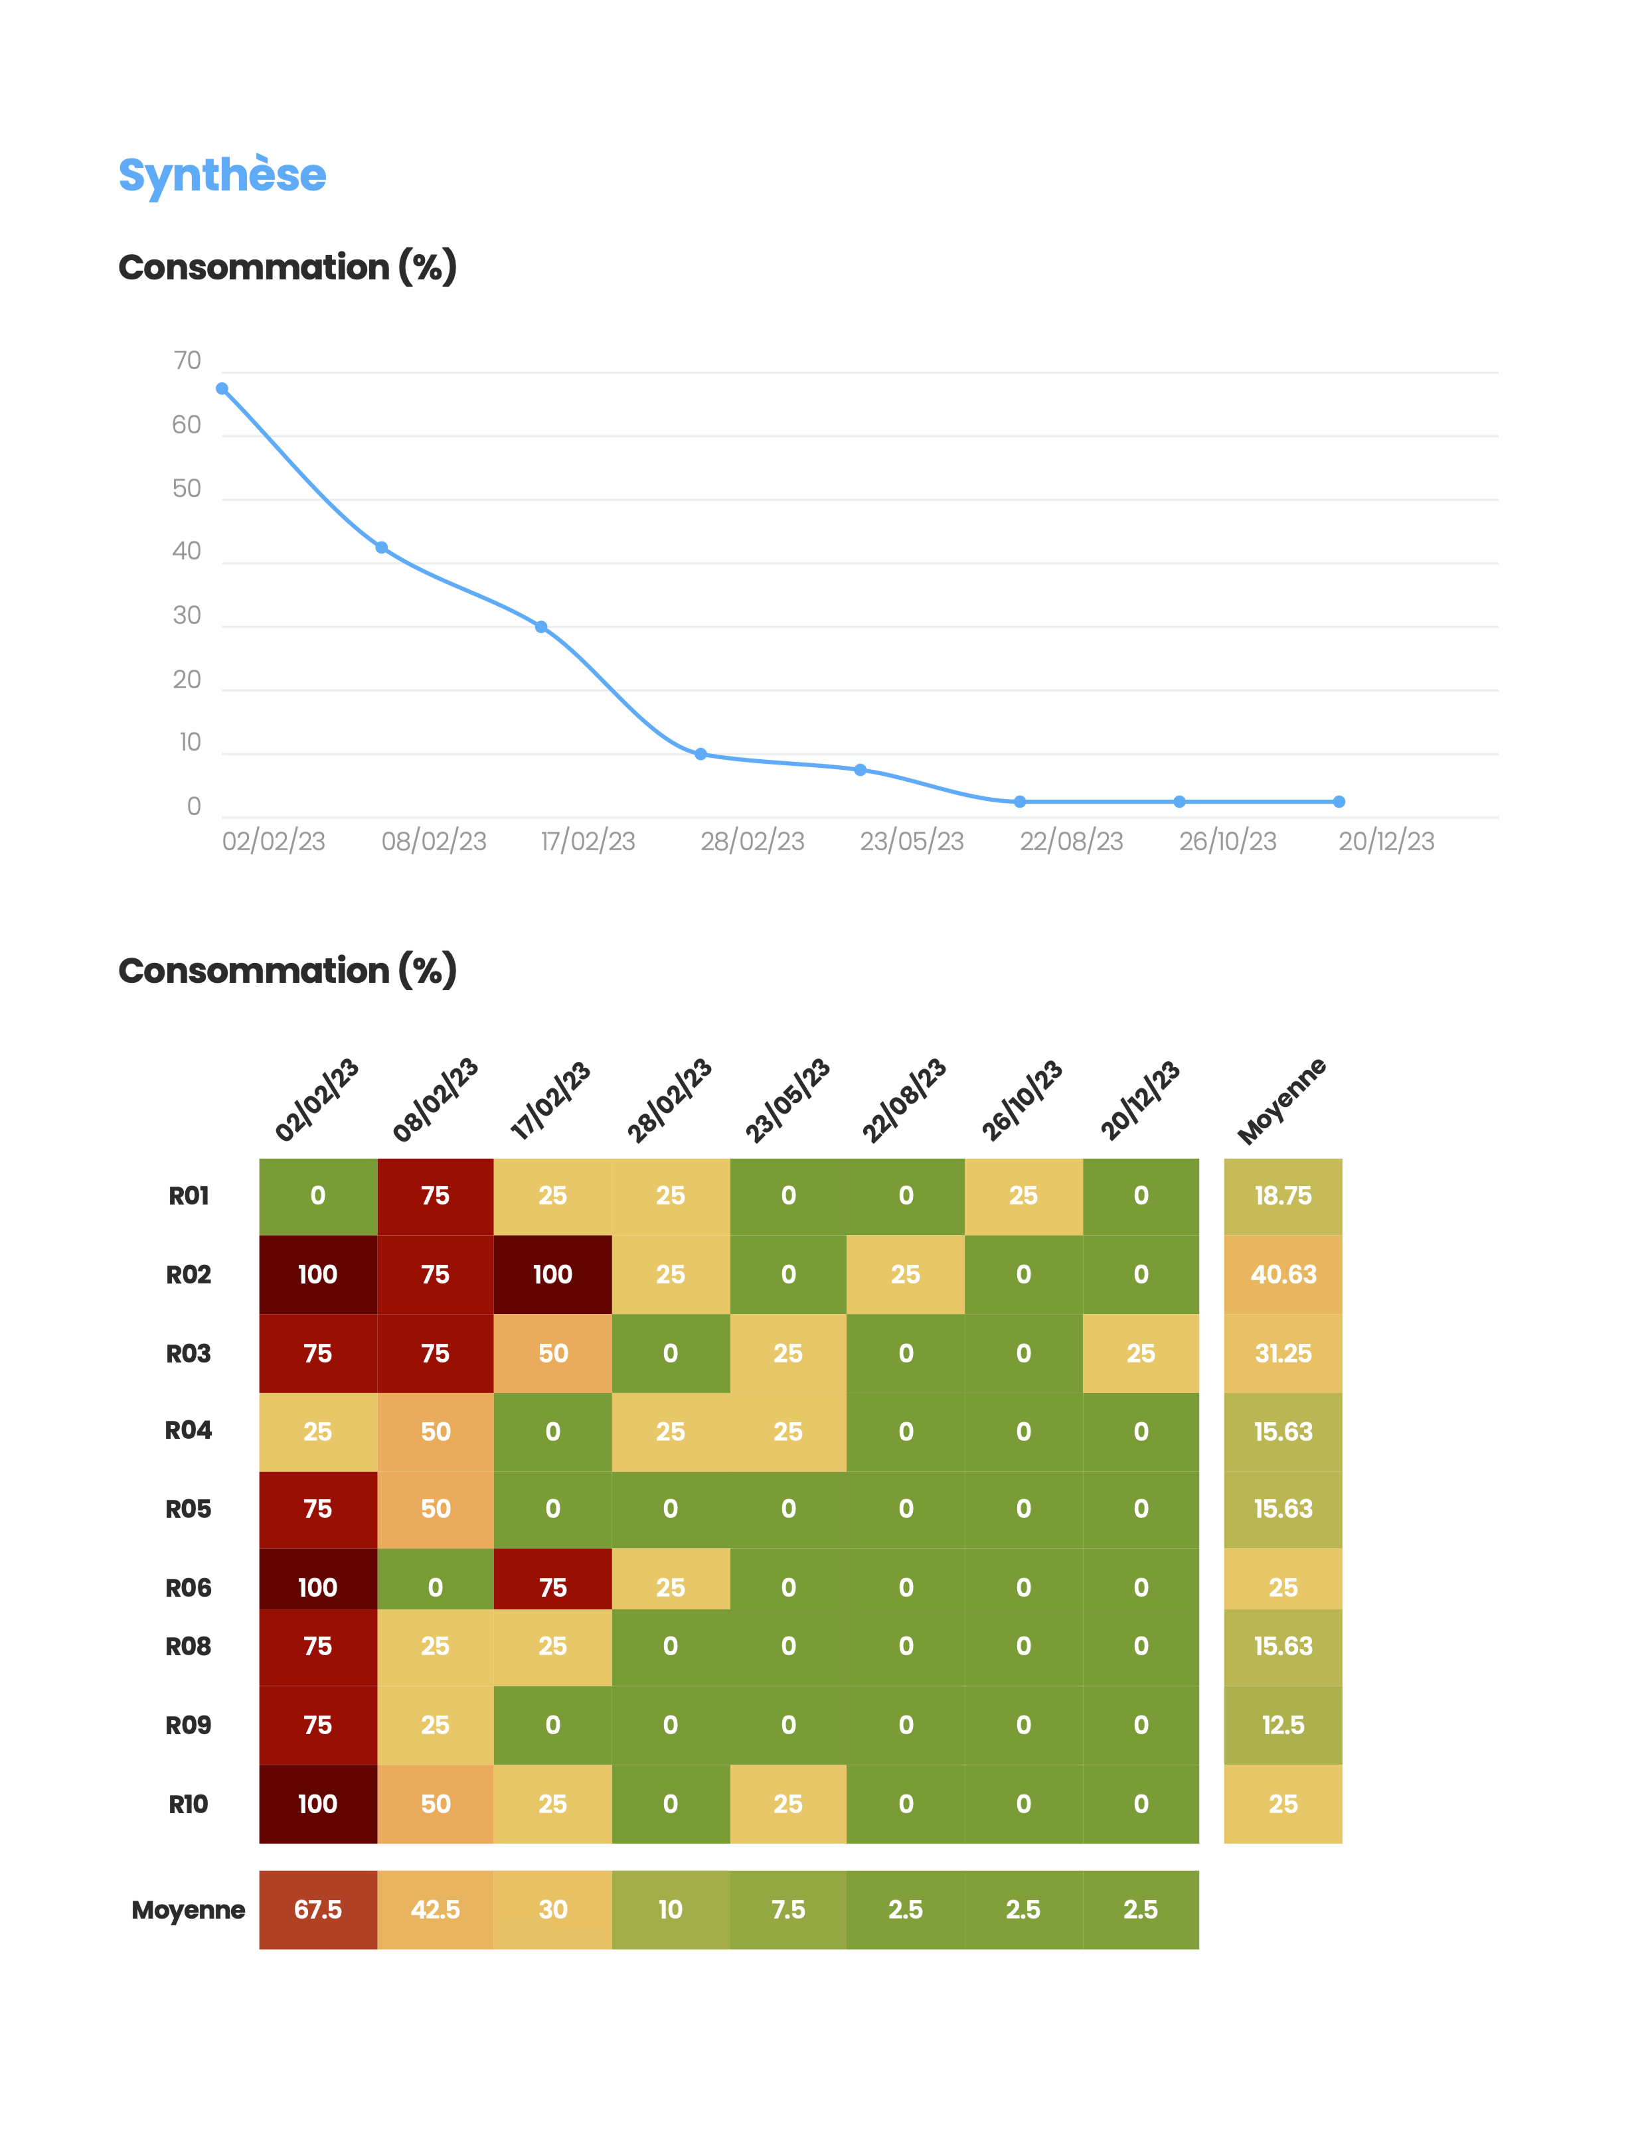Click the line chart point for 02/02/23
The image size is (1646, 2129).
tap(222, 389)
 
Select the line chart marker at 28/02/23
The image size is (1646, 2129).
tap(700, 753)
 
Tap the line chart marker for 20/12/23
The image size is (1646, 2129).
tap(1338, 801)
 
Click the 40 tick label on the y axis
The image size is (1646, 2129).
tap(187, 551)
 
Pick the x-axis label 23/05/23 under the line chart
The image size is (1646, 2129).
tap(911, 842)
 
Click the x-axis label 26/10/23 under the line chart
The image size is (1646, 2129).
tap(1227, 842)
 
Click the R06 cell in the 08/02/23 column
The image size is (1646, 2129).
tap(435, 1587)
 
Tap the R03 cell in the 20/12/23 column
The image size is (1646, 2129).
tap(1140, 1353)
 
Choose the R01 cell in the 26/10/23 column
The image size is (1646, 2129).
tap(1023, 1196)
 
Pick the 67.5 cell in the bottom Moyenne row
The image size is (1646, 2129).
tap(318, 1909)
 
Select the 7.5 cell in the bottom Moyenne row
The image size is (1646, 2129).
tap(788, 1909)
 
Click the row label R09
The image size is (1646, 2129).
tap(188, 1724)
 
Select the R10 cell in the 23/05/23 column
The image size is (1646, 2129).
tap(788, 1803)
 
